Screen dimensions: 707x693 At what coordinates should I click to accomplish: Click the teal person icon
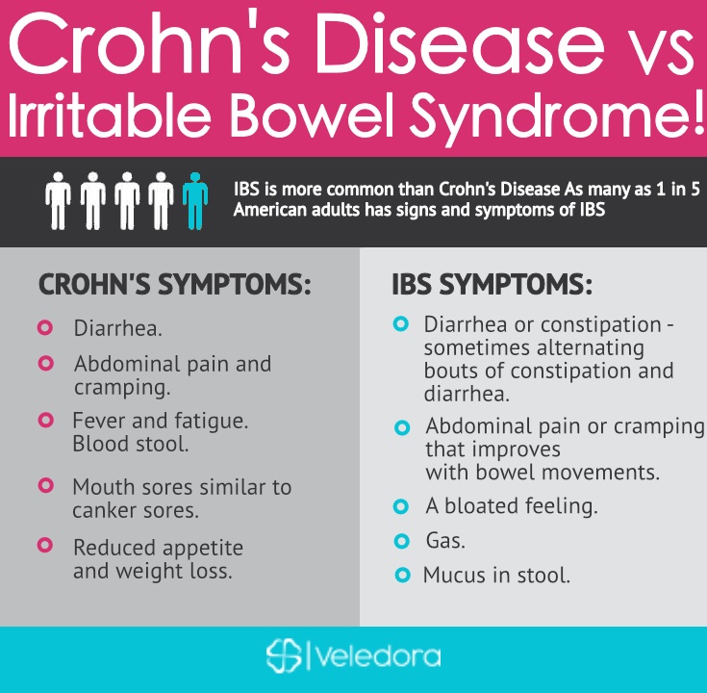coord(195,201)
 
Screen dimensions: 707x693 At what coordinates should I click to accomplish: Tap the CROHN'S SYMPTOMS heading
coord(175,284)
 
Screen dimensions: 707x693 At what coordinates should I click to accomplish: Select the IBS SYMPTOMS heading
coord(492,284)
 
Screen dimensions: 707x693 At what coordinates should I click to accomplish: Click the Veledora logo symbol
coord(284,655)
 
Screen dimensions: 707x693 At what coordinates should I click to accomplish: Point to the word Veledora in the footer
coord(379,656)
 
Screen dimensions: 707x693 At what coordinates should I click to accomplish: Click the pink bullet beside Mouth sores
coord(45,485)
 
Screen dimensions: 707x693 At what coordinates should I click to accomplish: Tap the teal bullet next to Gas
coord(401,541)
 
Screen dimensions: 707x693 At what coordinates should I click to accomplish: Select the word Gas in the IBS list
coord(445,540)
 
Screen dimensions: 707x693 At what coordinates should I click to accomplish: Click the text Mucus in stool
coord(496,576)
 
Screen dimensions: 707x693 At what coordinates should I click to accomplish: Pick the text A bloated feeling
coord(512,505)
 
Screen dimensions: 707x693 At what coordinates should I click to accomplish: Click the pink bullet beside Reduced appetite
coord(44,545)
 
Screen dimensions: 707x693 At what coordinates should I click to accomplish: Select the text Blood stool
coord(130,444)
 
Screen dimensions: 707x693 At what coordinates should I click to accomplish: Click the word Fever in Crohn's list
coord(99,421)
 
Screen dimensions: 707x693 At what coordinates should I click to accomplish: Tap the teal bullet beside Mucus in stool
coord(402,575)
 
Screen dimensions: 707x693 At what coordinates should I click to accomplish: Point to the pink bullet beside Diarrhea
coord(45,327)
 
